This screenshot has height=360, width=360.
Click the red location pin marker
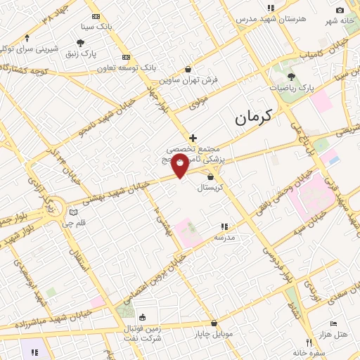point(180,166)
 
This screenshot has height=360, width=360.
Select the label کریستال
point(210,188)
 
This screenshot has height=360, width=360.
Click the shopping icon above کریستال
point(210,176)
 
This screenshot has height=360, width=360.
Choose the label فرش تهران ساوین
point(188,80)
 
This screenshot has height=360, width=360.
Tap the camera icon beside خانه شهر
point(340,10)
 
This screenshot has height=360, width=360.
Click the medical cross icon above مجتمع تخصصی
point(193,138)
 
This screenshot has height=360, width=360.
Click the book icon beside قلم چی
point(74,212)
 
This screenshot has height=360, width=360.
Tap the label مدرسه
point(224,238)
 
